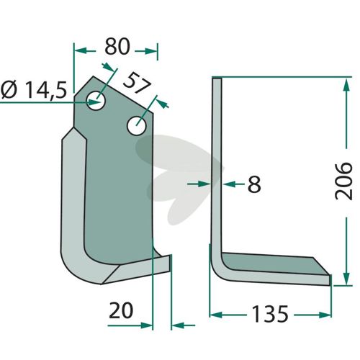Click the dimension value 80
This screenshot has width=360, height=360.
[117, 46]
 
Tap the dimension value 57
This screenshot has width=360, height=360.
[138, 84]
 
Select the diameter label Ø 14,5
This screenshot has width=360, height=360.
[34, 89]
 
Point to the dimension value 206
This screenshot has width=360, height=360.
[343, 181]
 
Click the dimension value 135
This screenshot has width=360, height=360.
[270, 314]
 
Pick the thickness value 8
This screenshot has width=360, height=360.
[254, 184]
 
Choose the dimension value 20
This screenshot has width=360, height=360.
[121, 310]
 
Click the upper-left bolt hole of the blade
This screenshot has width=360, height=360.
[96, 101]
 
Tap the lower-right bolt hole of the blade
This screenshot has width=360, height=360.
[137, 126]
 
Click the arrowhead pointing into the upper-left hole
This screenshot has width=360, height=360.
[94, 102]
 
